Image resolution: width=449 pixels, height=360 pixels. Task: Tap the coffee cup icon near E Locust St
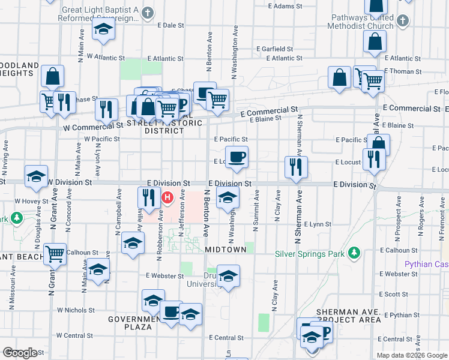[x=238, y=157]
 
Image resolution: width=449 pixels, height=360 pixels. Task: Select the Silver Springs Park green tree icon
[x=354, y=253]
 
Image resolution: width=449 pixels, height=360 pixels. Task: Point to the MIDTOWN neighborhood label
[x=226, y=249]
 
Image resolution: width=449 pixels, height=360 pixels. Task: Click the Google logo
[x=20, y=353]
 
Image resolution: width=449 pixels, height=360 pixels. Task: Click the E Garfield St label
[x=274, y=49]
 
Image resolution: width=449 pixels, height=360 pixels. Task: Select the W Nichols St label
[x=76, y=310]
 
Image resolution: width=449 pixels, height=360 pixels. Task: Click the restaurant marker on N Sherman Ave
[x=295, y=167]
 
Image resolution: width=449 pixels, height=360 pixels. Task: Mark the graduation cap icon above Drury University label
[x=228, y=276]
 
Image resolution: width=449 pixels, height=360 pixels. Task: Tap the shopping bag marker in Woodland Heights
[x=53, y=76]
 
